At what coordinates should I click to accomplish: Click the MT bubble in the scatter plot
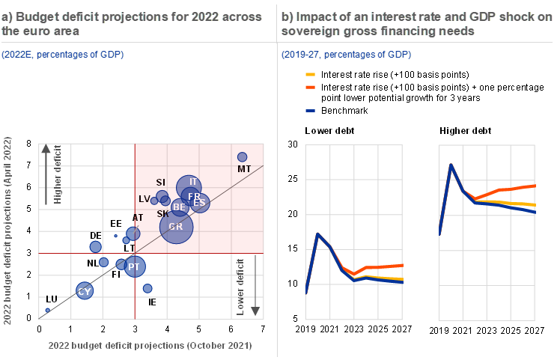coord(242,157)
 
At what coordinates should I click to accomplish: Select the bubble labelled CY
coord(85,291)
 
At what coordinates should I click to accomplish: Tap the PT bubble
coord(134,266)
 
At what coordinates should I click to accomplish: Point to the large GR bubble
coord(177,227)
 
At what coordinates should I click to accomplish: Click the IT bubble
coord(189,185)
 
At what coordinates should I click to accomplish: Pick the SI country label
coord(160,183)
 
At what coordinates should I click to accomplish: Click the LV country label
coord(144,199)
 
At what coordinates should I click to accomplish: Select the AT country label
coord(138,218)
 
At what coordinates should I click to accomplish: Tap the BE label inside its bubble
coord(179,207)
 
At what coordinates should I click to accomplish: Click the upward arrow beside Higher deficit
coord(46,160)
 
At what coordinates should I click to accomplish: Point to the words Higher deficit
coord(59,177)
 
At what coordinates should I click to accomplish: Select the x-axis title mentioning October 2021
coord(150,346)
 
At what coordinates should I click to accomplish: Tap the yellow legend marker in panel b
coord(311,75)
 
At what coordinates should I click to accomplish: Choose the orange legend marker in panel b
coord(311,87)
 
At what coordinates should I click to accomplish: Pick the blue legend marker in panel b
coord(311,111)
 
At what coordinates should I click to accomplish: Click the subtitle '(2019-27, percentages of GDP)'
coord(346,55)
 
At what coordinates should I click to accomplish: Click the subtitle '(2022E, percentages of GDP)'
coord(62,55)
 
